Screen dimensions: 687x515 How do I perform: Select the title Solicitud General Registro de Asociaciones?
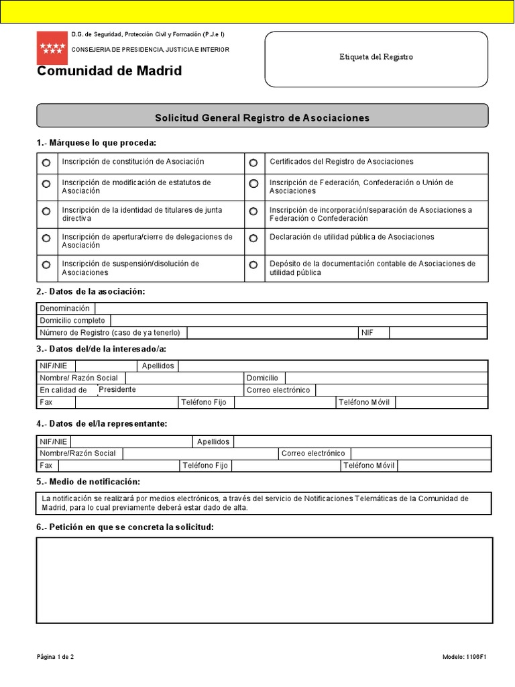point(262,118)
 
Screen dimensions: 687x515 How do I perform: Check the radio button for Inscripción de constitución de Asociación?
point(46,163)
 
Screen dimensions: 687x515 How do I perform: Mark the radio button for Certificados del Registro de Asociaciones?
point(253,163)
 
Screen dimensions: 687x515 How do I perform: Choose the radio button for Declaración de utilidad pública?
point(253,238)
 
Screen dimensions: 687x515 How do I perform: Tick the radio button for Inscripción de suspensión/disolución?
point(46,265)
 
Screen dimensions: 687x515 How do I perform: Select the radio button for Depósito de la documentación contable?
point(253,265)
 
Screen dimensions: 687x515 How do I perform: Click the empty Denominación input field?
point(290,309)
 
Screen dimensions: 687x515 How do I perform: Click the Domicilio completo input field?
point(298,321)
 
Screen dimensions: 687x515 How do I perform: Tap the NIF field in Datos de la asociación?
point(438,333)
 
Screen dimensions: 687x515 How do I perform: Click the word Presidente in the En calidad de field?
point(117,390)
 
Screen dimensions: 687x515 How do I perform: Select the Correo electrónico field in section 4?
point(420,454)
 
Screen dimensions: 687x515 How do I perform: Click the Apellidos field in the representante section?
point(362,441)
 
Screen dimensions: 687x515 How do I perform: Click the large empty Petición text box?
point(264,580)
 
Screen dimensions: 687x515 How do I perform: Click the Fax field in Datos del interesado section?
point(125,403)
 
